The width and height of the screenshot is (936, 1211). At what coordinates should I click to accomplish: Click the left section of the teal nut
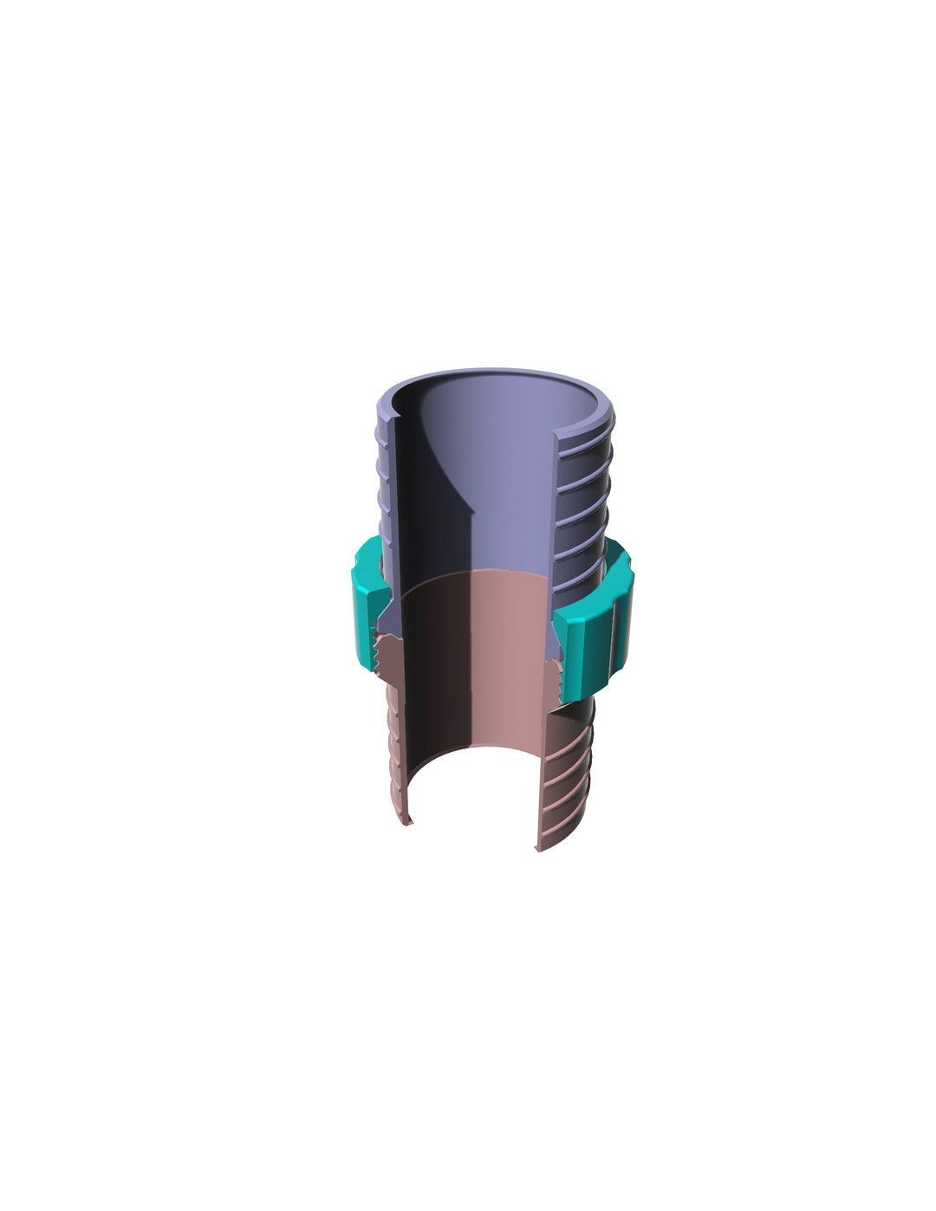(366, 606)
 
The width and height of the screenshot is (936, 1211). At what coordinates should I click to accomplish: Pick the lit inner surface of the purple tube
(511, 485)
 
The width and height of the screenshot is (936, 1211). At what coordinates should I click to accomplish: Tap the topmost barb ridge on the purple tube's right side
(589, 432)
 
